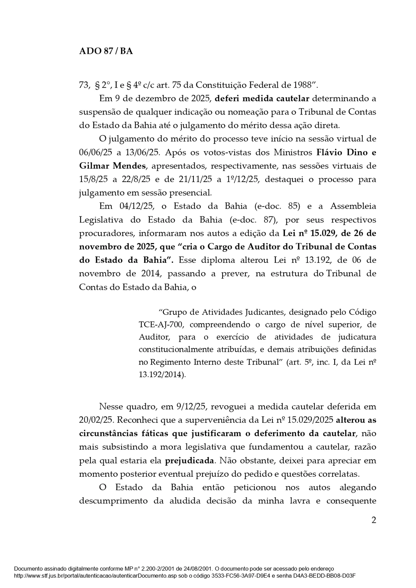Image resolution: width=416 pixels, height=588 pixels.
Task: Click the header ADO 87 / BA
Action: [x=106, y=51]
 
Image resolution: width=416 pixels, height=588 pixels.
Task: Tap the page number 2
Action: [x=373, y=520]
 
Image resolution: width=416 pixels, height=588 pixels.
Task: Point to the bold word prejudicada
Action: [x=189, y=461]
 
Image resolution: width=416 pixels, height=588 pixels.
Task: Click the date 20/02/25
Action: [x=96, y=420]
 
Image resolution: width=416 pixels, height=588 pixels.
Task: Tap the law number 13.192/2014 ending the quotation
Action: [x=161, y=375]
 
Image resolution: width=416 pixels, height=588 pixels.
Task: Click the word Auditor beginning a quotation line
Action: [x=152, y=337]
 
